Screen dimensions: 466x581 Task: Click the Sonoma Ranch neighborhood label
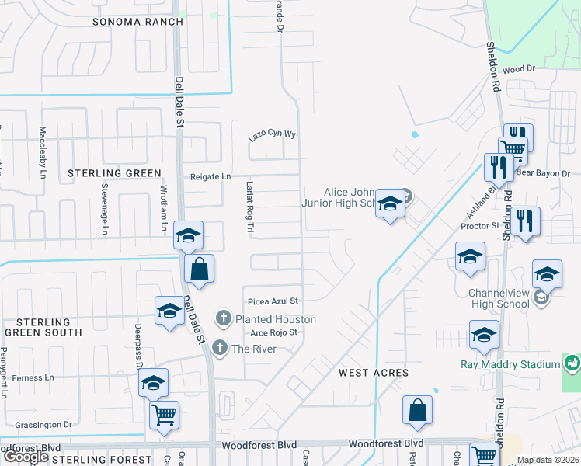137,22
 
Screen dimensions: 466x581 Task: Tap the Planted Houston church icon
224,318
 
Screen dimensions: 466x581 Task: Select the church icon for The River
220,348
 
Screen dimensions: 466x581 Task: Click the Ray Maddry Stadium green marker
572,363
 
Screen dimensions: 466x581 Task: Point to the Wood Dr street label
520,69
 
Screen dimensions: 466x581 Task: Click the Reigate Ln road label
211,177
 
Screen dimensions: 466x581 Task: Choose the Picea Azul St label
273,301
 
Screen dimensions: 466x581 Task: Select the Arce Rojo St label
273,332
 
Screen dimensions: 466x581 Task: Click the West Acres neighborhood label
374,373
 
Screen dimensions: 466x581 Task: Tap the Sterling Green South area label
43,327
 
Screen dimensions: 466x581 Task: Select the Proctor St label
478,226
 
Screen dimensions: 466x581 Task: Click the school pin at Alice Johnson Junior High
390,203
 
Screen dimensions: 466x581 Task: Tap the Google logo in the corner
26,457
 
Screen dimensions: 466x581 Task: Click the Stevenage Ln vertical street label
103,207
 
